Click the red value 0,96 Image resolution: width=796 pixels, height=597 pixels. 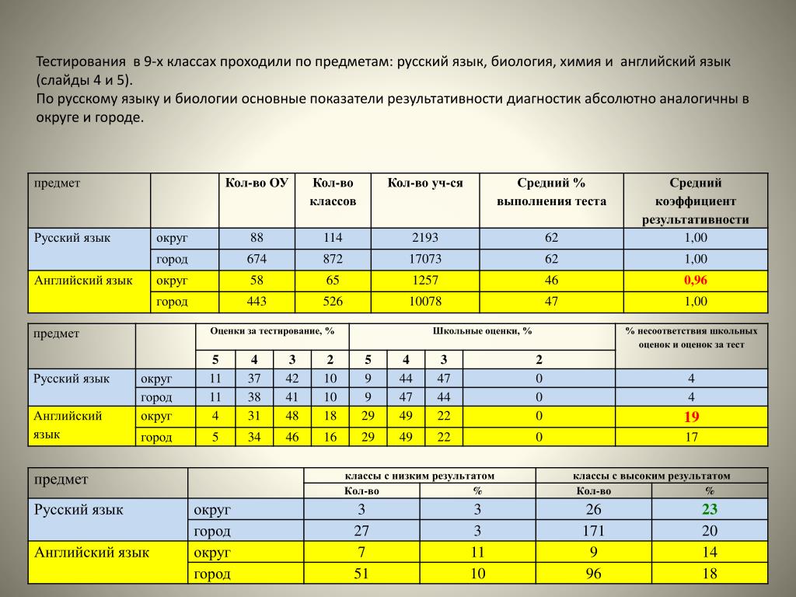696,281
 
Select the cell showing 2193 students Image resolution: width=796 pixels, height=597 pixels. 425,238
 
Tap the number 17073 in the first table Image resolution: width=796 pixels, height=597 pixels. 425,260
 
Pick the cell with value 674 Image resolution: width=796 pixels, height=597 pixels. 257,260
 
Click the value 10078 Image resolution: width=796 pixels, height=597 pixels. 425,302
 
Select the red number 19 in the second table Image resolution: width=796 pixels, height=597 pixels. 691,417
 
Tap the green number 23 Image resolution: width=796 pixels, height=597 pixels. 709,510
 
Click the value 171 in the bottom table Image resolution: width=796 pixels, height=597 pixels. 593,532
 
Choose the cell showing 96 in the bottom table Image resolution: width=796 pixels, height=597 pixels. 593,574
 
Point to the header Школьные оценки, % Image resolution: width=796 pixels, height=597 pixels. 482,331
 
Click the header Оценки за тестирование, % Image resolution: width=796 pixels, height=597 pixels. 272,331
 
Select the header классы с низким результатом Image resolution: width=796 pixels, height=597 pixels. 419,476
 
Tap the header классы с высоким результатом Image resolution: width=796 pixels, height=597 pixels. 651,476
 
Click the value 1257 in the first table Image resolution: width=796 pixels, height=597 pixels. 425,281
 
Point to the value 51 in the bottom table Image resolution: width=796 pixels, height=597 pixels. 361,574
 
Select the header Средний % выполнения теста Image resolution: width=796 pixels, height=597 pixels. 551,192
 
